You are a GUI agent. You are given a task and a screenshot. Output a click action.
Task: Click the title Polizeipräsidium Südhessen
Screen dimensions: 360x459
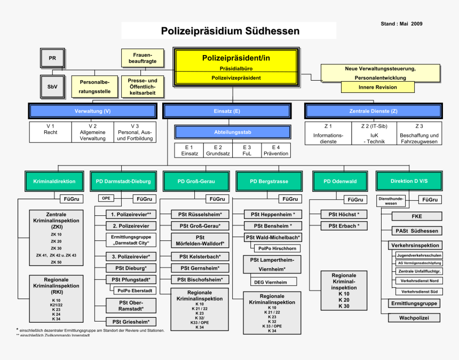coord(230,31)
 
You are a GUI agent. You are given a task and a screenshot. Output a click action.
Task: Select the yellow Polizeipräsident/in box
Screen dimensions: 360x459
coord(232,66)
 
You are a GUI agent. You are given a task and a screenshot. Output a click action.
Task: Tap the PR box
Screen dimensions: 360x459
coord(52,58)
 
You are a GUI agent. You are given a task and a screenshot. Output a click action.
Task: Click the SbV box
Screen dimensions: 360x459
coord(52,86)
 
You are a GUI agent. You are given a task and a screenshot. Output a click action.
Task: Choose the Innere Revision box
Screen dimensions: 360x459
coord(378,87)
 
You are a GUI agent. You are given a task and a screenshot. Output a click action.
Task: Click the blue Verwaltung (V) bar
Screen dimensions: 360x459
coord(92,111)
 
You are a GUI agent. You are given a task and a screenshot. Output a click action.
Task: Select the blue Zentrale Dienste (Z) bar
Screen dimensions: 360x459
coord(373,111)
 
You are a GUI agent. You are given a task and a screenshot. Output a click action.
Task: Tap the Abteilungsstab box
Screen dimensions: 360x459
coord(232,132)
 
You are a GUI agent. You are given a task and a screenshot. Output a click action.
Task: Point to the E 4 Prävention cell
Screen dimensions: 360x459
coord(276,150)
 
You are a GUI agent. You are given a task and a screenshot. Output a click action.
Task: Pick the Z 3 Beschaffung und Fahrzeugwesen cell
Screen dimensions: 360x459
coord(419,134)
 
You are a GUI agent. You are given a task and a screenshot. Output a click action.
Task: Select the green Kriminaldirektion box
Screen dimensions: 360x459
coord(54,181)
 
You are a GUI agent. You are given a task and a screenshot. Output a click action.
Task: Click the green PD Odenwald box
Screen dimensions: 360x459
coord(340,181)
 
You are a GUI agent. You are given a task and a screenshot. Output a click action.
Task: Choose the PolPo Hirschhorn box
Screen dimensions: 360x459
coord(276,248)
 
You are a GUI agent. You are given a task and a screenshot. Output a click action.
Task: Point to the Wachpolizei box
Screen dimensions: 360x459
coord(415,318)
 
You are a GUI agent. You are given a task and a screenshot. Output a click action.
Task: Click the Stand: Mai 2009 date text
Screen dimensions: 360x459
coord(401,24)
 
